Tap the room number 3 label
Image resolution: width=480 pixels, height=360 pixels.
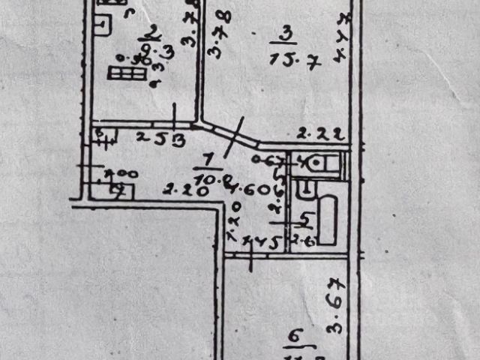pyautogui.click(x=284, y=34)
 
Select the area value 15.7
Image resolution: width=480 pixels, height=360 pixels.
pyautogui.click(x=294, y=61)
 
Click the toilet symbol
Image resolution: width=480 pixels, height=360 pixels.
pyautogui.click(x=318, y=163)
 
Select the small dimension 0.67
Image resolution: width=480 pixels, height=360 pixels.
pyautogui.click(x=265, y=159)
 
